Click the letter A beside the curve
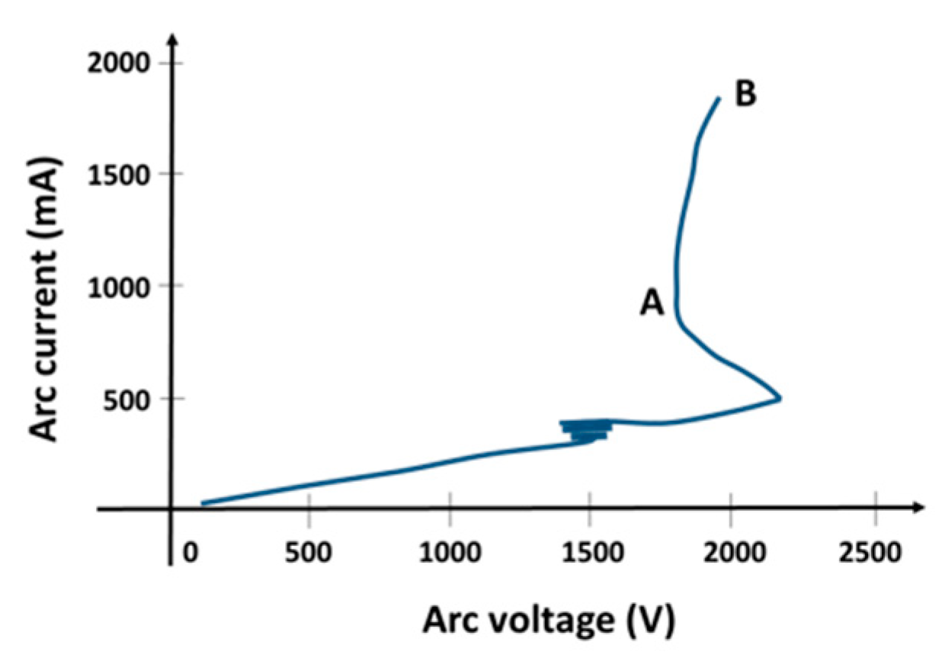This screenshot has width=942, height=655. pos(652,304)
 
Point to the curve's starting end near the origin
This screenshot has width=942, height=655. pos(203,502)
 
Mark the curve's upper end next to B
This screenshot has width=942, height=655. pos(718,98)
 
